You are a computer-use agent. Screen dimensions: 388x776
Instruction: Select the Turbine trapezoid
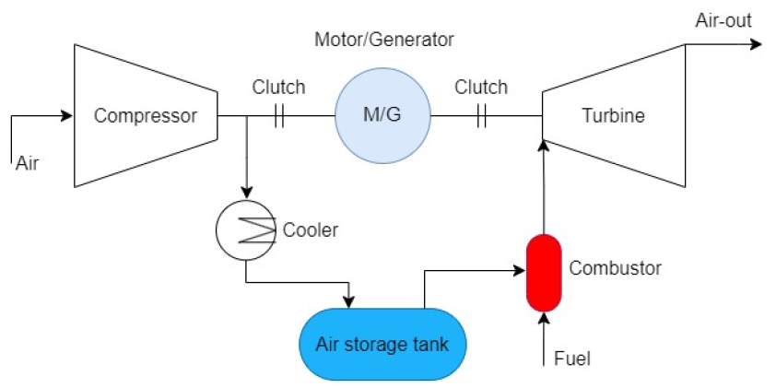tap(614, 116)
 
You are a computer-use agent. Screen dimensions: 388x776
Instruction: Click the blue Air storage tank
tap(382, 345)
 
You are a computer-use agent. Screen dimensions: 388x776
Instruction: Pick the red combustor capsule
tap(544, 273)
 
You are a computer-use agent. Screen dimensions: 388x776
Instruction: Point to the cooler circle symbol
tap(245, 229)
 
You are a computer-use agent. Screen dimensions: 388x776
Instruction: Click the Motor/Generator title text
tap(384, 40)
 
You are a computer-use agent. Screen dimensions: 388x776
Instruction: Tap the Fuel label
tap(572, 358)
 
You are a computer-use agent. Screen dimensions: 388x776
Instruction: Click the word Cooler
tap(311, 229)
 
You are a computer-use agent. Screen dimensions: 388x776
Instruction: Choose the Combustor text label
tap(615, 268)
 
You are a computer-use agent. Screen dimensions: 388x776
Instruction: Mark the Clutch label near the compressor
tap(278, 88)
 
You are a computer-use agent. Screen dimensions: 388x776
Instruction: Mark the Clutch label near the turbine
tap(480, 88)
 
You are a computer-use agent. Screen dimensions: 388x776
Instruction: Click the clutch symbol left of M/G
tap(278, 116)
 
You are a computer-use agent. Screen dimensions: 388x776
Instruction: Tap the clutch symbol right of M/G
tap(480, 116)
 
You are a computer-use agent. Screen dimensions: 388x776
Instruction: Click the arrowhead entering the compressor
tap(66, 116)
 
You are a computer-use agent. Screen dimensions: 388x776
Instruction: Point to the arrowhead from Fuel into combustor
tap(544, 319)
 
